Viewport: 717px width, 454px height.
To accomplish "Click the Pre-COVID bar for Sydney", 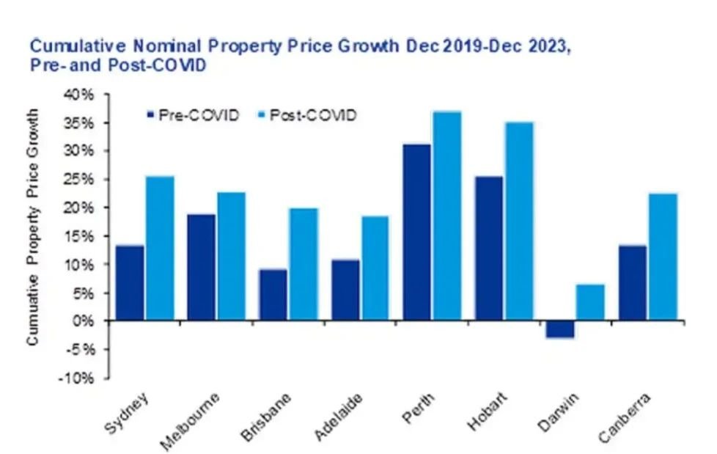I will (x=130, y=283).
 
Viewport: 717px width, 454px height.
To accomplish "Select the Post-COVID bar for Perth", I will (x=446, y=216).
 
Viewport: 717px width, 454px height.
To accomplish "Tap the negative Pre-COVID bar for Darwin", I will (x=560, y=329).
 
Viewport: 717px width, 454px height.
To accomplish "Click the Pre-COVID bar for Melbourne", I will (x=202, y=268).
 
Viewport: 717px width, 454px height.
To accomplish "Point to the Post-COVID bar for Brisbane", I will (x=303, y=265).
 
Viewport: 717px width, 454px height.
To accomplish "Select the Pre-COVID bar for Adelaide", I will (x=345, y=290).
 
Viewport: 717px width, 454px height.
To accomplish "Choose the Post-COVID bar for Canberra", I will (x=662, y=257).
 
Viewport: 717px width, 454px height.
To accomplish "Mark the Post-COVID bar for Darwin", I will (x=590, y=302).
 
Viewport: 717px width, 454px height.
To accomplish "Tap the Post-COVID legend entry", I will (x=308, y=115).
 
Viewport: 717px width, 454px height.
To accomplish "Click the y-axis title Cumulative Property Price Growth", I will (x=33, y=227).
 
